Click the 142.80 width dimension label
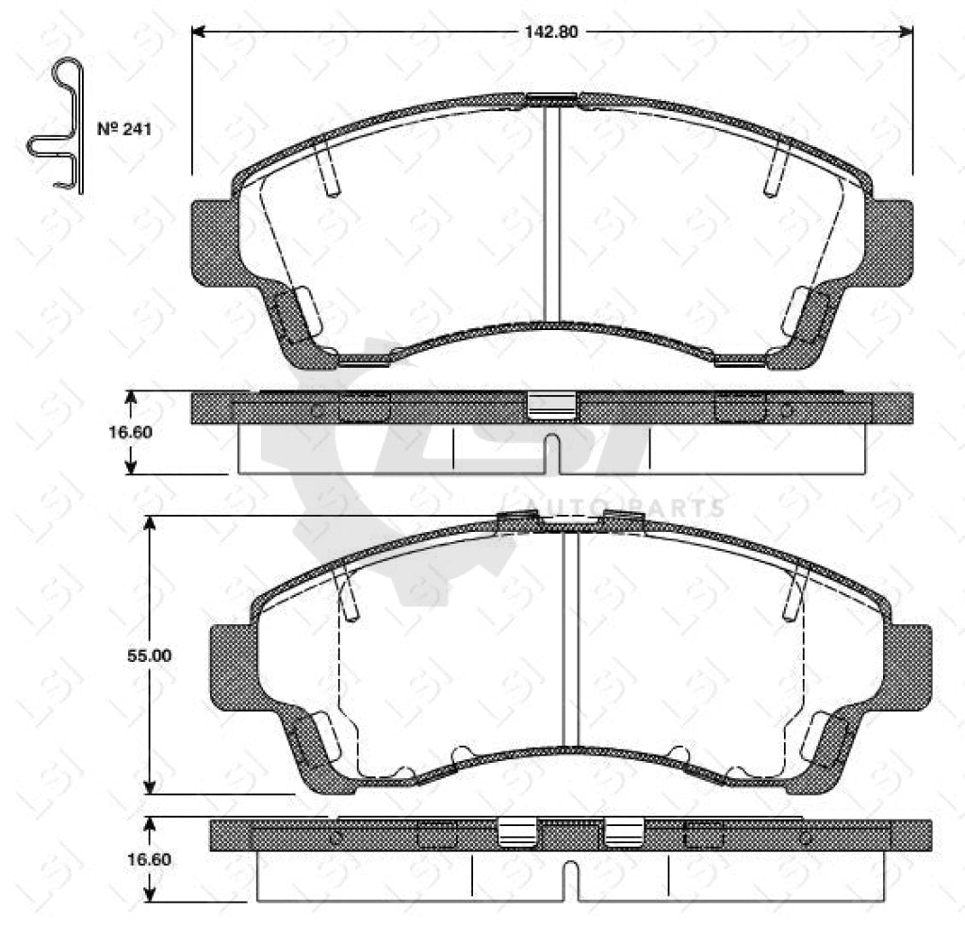[x=551, y=31]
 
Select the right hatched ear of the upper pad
[x=891, y=241]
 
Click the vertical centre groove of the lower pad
[x=570, y=641]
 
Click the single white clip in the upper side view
[x=550, y=405]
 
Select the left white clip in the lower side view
[x=516, y=831]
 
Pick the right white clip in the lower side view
[x=623, y=831]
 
